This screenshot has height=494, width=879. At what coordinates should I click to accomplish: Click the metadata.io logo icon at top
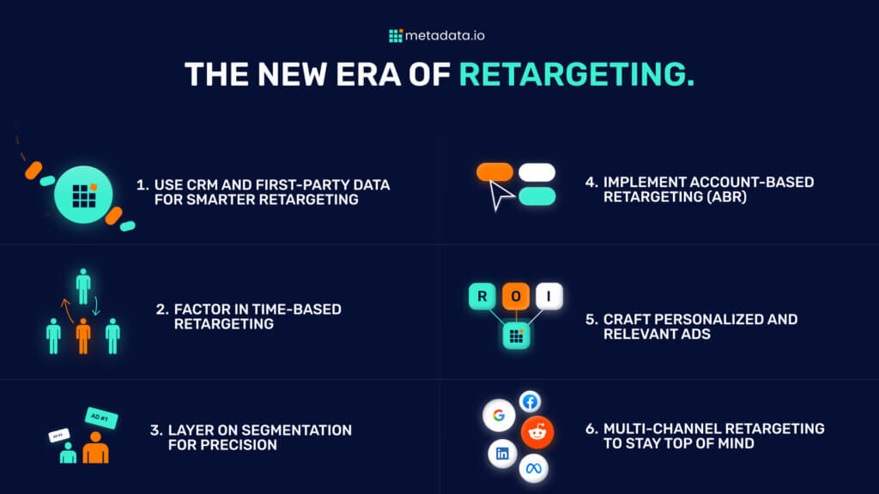coord(396,36)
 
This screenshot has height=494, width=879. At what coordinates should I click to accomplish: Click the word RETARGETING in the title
coord(576,75)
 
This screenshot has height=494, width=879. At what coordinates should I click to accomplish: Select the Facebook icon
coord(530,401)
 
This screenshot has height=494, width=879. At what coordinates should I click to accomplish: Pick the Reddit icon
coord(537,433)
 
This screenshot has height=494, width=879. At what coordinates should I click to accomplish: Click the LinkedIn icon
coord(502,453)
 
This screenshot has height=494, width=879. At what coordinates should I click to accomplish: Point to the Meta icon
coord(533,468)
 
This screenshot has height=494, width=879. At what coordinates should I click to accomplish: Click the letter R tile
coord(482,297)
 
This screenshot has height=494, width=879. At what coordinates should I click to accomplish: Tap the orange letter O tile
coord(515,297)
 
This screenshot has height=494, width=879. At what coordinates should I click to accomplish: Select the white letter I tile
coord(549,297)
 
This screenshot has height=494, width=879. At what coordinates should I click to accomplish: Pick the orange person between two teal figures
coord(83,335)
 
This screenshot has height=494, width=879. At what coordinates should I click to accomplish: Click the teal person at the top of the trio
coord(83,286)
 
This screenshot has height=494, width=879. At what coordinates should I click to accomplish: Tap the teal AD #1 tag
coord(101,419)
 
